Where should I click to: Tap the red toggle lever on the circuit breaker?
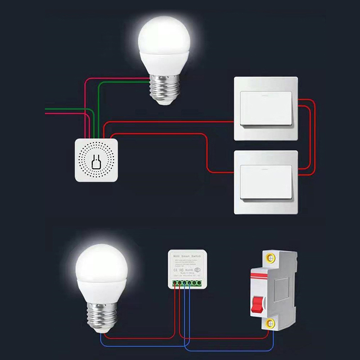pos(259,304)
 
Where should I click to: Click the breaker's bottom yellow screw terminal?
pos(270,322)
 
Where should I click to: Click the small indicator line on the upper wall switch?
pos(265,95)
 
